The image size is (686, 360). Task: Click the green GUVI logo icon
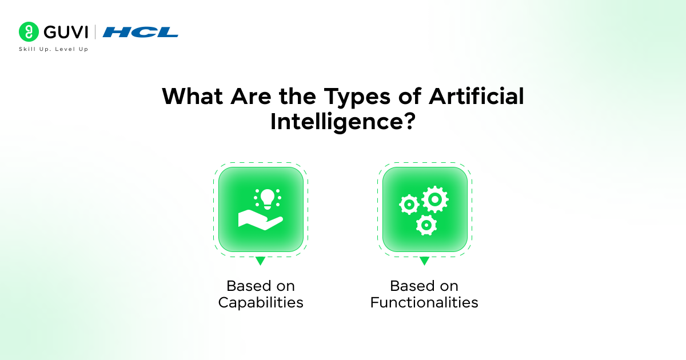pos(28,31)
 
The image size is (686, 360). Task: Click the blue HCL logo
pos(140,32)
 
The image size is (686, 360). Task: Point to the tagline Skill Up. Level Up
pos(54,49)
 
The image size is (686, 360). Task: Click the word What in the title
pos(193,96)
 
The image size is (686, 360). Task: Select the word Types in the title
pos(351,97)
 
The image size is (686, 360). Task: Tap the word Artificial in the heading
pos(477,96)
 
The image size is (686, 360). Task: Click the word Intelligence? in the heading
pos(342,122)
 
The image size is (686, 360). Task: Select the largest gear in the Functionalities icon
pos(434,199)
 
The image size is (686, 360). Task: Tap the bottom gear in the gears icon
pos(426,225)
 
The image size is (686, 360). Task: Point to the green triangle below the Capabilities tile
pos(260,261)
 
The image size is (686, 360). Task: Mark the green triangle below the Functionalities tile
pos(424,261)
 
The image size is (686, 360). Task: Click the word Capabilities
pos(261,302)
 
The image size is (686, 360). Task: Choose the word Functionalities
pos(424,302)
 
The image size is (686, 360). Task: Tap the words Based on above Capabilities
pos(261,285)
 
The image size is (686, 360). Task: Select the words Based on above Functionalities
pos(424,285)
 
